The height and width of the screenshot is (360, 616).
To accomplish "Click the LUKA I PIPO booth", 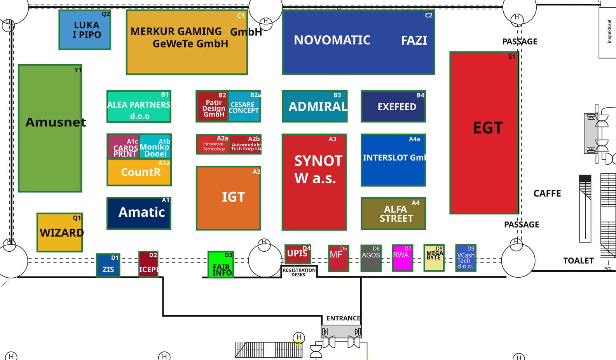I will tap(85, 30).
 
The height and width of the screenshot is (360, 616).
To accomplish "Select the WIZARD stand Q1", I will tap(60, 232).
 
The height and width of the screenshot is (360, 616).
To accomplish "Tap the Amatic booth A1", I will tap(139, 213).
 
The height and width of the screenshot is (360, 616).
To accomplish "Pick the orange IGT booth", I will tap(229, 198).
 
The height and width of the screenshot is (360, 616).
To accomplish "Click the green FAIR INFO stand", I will tap(220, 264).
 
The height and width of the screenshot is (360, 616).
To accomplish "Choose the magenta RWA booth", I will tap(402, 257).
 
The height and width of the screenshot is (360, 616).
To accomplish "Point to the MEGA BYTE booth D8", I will tap(434, 258).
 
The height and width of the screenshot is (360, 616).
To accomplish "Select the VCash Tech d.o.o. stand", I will tap(466, 258).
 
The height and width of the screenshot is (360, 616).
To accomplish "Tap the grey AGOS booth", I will tap(371, 258).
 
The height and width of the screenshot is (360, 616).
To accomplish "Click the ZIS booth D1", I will tap(108, 265).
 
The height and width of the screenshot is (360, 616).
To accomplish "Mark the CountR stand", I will tap(139, 172).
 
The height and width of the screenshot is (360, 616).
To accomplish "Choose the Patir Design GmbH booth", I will tap(212, 106).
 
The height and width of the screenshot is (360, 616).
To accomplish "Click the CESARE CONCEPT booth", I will tap(244, 106).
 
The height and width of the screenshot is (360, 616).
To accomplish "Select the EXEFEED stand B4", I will tap(393, 106).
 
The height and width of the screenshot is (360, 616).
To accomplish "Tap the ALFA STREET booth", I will tap(393, 214).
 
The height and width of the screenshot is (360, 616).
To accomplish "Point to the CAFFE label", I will tap(547, 193).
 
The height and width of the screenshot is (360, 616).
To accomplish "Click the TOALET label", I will tap(578, 261).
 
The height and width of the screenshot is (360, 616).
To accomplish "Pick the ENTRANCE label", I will tap(343, 318).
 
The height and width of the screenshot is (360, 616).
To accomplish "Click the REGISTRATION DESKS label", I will tap(299, 272).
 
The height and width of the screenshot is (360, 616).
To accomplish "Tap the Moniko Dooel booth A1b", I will tap(155, 147).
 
